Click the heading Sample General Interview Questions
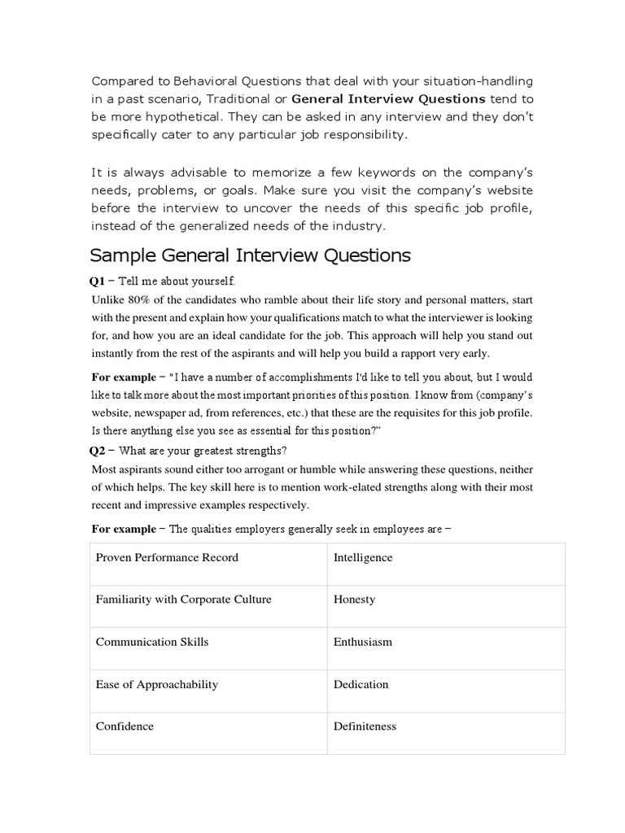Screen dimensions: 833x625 point(250,255)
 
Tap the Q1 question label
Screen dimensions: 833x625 point(98,281)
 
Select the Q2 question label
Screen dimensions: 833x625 point(98,451)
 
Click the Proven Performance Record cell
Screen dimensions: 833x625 point(167,557)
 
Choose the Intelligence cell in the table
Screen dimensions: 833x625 point(363,557)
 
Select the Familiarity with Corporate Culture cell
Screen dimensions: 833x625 point(184,600)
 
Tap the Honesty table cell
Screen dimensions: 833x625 point(355,600)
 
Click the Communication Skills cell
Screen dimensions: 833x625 point(152,642)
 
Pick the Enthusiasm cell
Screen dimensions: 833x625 point(363,642)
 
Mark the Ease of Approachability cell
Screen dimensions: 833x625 point(157,684)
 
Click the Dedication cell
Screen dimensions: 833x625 point(361,684)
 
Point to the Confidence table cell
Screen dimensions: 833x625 point(125,726)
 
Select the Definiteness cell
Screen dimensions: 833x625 point(365,726)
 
